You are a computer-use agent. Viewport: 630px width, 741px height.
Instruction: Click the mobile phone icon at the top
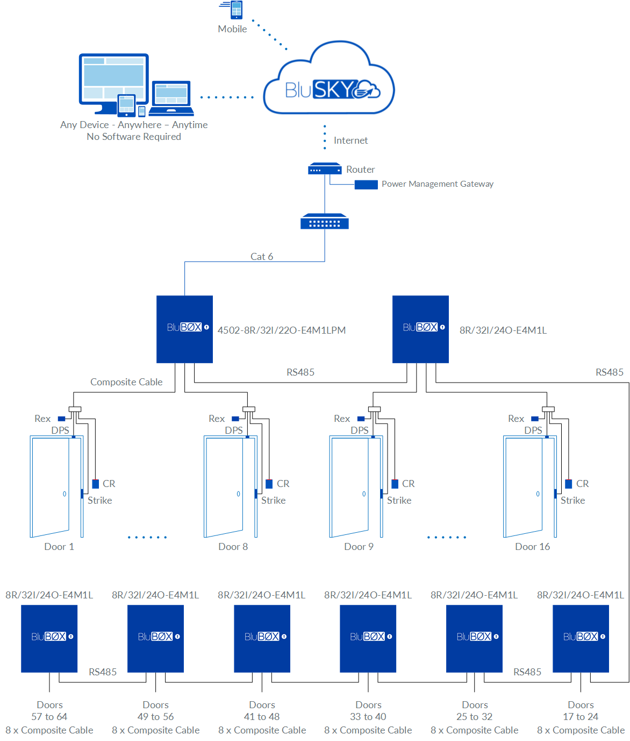coord(235,10)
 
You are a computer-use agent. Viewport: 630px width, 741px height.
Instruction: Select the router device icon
coord(325,169)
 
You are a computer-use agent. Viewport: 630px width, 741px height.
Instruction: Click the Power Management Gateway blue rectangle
coord(366,185)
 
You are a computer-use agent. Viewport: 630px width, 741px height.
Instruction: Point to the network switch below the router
coord(325,222)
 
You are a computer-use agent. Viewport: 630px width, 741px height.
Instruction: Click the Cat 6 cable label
coord(262,257)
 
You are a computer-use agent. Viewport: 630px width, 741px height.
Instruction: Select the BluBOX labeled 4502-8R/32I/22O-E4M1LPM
coord(184,329)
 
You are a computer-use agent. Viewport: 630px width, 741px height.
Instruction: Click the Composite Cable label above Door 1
coord(126,382)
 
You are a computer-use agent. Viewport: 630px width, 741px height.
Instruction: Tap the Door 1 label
coord(59,547)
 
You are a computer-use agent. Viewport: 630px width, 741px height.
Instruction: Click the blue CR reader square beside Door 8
coord(269,484)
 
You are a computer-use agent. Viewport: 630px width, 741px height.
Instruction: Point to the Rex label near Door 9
coord(342,419)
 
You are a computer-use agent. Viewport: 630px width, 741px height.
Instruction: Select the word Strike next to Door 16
coord(572,500)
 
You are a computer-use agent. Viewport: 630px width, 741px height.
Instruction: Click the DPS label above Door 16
coord(533,431)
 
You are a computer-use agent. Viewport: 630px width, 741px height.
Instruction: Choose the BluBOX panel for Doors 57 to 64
coord(49,638)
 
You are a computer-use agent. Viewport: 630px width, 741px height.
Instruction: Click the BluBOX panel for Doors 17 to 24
coord(581,638)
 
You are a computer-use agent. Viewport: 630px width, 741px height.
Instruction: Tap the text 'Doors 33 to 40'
coord(368,711)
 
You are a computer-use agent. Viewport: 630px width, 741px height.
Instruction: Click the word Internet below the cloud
coord(350,140)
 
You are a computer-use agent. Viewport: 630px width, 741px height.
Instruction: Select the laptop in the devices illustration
coord(171,98)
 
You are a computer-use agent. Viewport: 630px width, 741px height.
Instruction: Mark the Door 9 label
coord(359,547)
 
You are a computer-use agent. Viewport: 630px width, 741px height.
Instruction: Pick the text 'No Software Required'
coord(134,137)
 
